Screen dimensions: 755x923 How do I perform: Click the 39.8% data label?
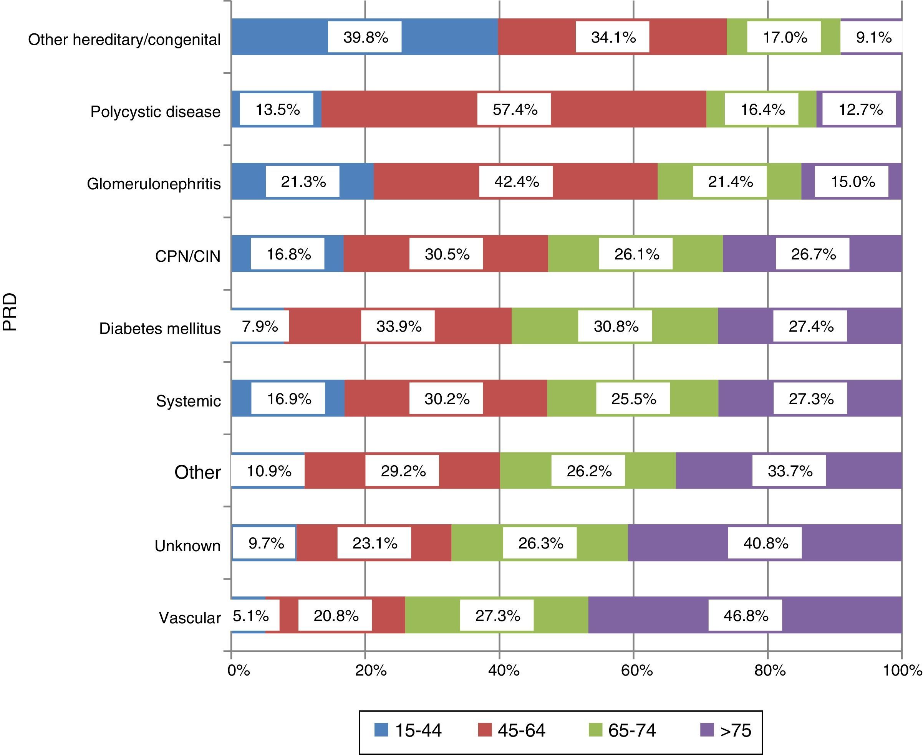[x=365, y=37]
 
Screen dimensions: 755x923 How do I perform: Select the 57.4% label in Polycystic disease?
[x=514, y=110]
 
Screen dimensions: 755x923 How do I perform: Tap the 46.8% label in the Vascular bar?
[x=746, y=615]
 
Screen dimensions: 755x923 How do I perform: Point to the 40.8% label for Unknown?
[x=766, y=543]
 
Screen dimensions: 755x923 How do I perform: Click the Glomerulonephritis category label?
[x=154, y=184]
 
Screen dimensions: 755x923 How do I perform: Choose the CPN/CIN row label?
[x=187, y=256]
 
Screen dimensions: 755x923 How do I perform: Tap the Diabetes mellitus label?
[x=160, y=328]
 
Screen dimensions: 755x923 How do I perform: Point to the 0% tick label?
[x=239, y=671]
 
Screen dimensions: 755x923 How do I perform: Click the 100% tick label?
[x=902, y=671]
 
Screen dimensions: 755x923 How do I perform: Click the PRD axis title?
[x=10, y=312]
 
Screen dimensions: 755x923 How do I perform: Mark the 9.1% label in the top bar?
[x=873, y=37]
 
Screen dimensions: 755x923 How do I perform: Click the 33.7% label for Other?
[x=789, y=471]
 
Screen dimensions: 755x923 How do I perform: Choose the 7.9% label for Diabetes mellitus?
[x=260, y=326]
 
